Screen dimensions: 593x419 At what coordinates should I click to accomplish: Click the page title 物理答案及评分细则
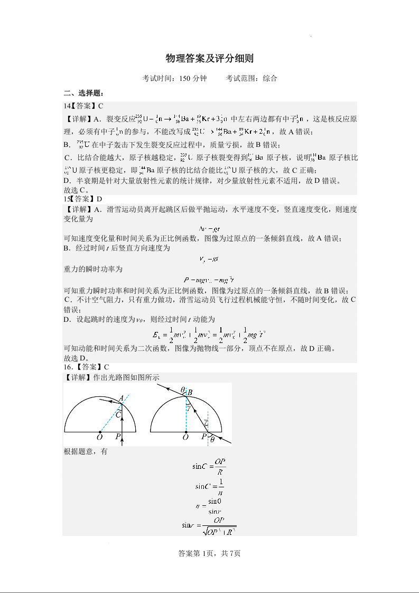209,58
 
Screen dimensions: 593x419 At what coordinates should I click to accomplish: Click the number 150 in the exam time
185,78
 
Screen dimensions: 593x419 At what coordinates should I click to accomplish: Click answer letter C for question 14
100,106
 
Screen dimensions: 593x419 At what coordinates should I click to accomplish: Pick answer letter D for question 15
99,199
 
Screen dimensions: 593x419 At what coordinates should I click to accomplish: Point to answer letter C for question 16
106,367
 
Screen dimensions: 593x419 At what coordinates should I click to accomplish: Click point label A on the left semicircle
121,398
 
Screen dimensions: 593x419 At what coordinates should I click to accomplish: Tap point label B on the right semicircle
190,392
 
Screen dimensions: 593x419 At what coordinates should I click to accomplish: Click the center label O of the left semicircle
99,438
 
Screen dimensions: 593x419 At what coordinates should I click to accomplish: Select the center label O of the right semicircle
185,438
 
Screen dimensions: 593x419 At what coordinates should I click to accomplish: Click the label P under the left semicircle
118,437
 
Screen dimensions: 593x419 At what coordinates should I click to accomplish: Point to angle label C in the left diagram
118,415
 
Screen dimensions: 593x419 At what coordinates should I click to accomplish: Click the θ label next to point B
182,390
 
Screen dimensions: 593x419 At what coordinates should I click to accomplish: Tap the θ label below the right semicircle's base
212,439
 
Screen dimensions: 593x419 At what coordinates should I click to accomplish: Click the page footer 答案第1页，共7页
210,553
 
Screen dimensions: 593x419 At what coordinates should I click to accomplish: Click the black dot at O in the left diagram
100,431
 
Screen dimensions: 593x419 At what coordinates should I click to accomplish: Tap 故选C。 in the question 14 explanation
77,190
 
